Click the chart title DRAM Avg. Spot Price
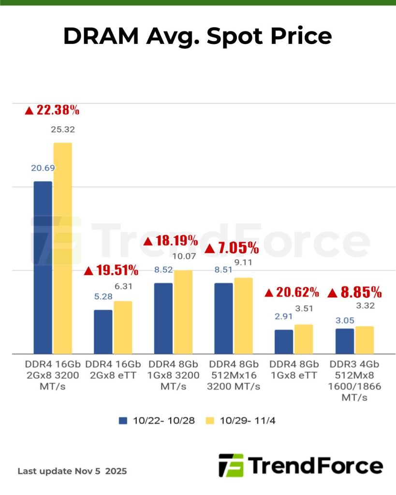click(197, 36)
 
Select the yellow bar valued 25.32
click(63, 248)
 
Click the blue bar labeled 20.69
click(43, 267)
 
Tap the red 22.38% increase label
click(52, 110)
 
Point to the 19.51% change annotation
click(111, 270)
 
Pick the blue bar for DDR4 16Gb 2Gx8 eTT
click(103, 332)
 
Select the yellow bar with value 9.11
click(244, 316)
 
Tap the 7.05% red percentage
click(232, 248)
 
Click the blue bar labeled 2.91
click(284, 342)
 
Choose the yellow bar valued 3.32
click(365, 340)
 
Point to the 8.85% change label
click(355, 292)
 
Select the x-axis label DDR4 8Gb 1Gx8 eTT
click(294, 370)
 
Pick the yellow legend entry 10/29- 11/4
click(242, 421)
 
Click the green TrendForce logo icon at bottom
click(231, 466)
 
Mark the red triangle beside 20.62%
click(269, 293)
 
